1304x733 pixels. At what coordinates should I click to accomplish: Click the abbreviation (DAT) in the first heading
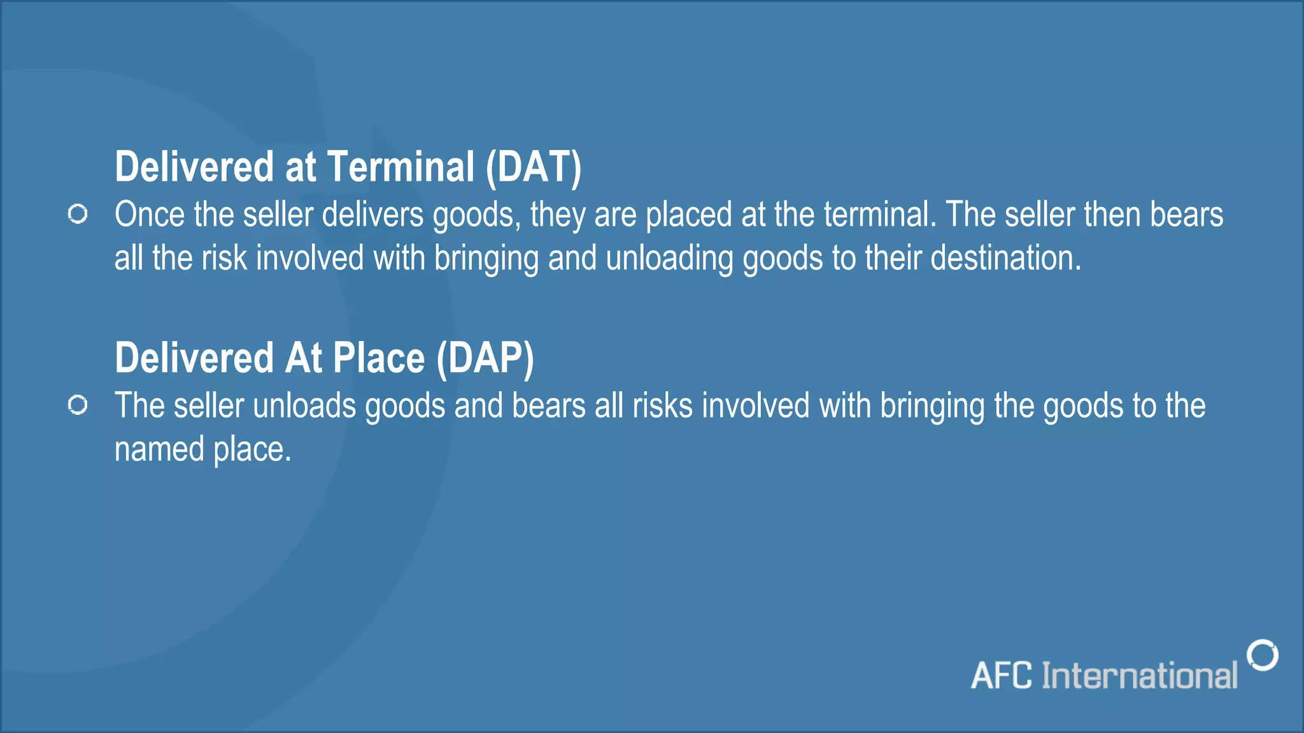534,167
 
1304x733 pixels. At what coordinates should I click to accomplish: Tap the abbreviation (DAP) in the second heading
485,358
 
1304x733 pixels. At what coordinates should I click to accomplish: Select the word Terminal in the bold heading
400,167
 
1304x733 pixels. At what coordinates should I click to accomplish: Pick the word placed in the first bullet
688,216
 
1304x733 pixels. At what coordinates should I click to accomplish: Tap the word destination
1006,258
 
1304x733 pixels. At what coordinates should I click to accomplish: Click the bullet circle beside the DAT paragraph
78,214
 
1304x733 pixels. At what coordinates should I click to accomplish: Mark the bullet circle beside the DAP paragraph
78,405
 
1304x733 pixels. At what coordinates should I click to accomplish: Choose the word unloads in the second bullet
304,406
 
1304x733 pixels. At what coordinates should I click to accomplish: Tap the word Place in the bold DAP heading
379,358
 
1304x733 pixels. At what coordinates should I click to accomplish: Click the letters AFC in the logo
1002,676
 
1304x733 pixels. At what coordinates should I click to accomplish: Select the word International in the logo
1139,676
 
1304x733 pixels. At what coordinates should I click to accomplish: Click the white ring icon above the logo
1263,655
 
